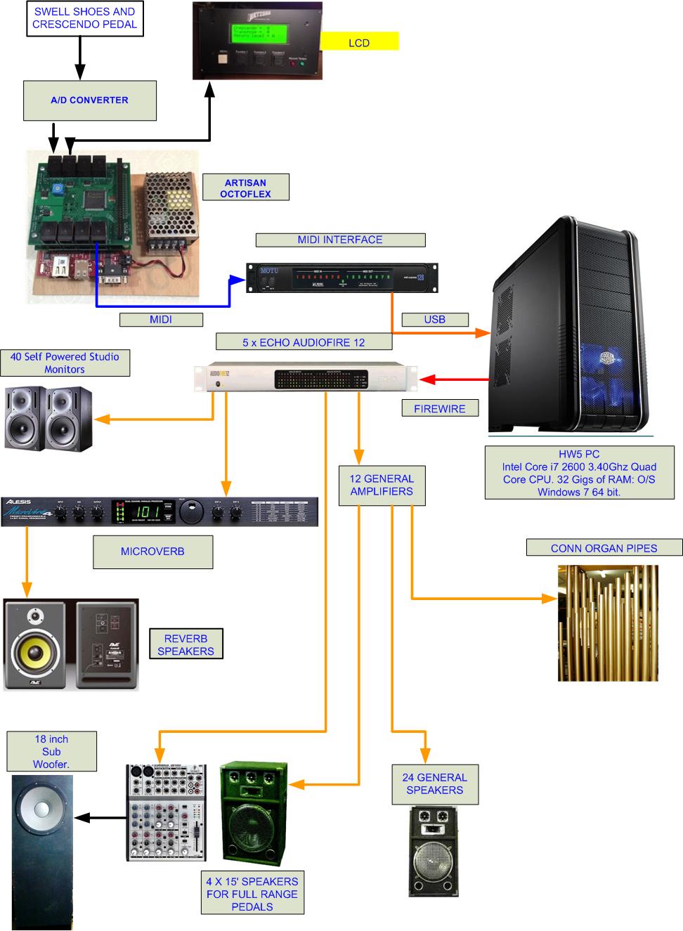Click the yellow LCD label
point(359,41)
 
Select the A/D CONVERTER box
point(89,100)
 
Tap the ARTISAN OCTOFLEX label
point(245,188)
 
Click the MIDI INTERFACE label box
point(340,240)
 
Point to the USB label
point(434,320)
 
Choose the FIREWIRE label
point(439,408)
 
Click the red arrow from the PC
point(454,379)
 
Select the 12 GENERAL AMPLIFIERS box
point(382,485)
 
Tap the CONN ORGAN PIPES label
point(604,548)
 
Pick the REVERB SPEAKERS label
point(186,645)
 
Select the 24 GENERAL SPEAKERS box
point(434,784)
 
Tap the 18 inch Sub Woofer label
point(51,752)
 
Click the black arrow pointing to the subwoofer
point(99,817)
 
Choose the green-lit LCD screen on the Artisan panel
point(257,34)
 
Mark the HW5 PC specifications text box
point(579,473)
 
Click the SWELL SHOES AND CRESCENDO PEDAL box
point(84,18)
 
